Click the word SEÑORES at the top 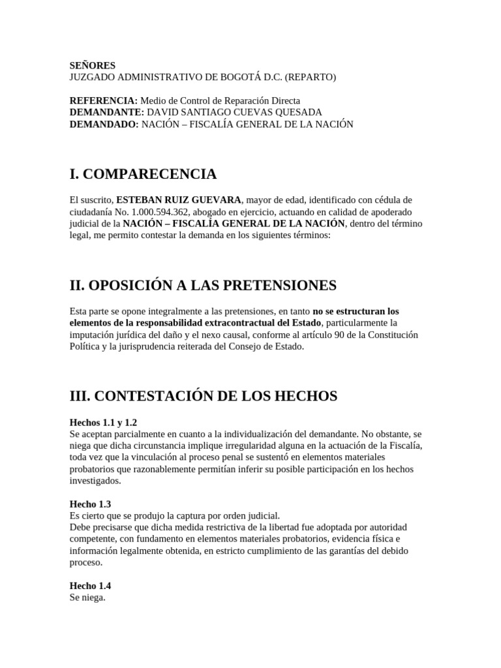click(93, 65)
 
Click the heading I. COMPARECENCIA click(143, 174)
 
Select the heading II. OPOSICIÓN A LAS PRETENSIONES click(203, 285)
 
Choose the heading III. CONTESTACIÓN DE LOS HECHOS click(203, 395)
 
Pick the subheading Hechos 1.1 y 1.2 click(103, 422)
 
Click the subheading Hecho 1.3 click(90, 504)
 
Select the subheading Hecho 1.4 click(90, 586)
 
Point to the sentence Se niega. click(87, 597)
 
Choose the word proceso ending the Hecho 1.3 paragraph click(85, 562)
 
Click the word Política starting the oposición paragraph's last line click(85, 347)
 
